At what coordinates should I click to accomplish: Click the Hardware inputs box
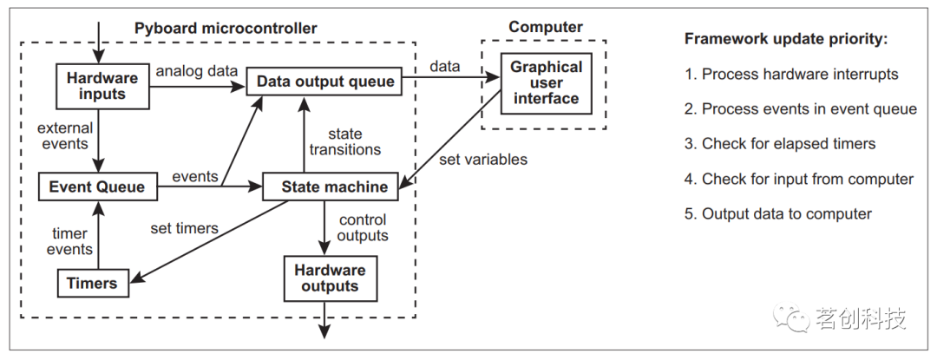102,86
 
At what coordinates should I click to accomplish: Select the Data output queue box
325,82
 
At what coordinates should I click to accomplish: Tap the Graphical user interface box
545,83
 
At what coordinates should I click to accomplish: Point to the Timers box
92,282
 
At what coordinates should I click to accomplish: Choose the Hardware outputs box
329,278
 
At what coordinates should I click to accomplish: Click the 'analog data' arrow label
192,71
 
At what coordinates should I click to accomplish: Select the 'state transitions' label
345,141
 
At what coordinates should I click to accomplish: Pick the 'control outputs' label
364,228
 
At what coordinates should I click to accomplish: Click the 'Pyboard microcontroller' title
226,28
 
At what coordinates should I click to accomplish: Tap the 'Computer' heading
544,27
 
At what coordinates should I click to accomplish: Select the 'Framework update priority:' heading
786,40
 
